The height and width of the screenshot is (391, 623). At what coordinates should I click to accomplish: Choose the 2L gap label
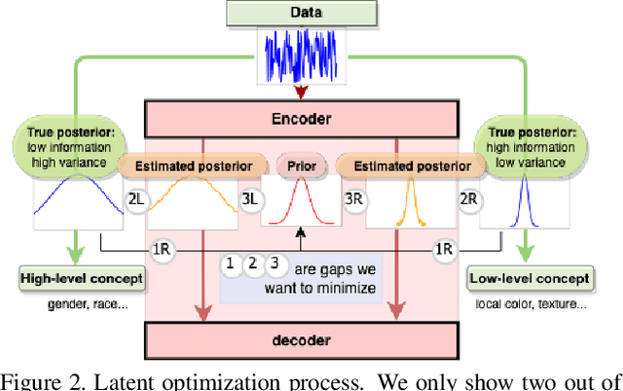[137, 200]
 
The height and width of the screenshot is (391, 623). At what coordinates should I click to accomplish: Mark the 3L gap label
[251, 200]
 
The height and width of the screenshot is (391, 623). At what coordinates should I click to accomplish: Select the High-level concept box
[82, 279]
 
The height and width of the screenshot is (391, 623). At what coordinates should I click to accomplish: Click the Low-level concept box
[530, 279]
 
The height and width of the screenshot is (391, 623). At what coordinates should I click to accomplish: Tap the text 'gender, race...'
[81, 304]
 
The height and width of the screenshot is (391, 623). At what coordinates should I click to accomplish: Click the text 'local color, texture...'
[530, 304]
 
